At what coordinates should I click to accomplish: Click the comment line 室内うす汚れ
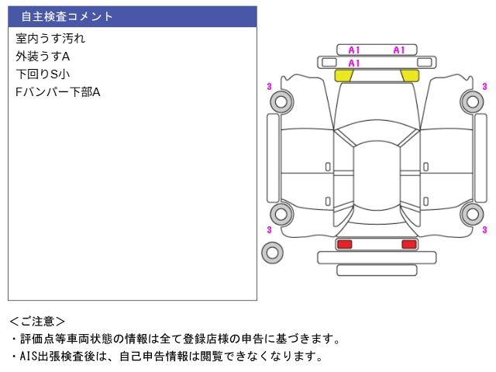50,38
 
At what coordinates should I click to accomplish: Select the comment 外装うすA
43,57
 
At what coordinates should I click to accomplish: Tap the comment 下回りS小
43,74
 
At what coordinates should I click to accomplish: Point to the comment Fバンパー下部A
58,92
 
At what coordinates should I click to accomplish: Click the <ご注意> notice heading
37,321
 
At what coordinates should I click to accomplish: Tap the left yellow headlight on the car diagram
343,75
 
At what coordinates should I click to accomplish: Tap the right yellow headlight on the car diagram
409,75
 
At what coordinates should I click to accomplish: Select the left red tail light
344,244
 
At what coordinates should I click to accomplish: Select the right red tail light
408,244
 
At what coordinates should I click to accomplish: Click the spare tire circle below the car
273,252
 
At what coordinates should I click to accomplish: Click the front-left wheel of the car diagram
280,101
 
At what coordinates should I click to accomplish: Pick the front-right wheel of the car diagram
471,101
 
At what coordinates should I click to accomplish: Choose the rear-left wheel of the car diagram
280,214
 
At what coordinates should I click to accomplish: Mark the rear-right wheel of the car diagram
471,214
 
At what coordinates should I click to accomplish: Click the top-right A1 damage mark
399,50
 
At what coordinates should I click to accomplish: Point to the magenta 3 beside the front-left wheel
268,86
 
